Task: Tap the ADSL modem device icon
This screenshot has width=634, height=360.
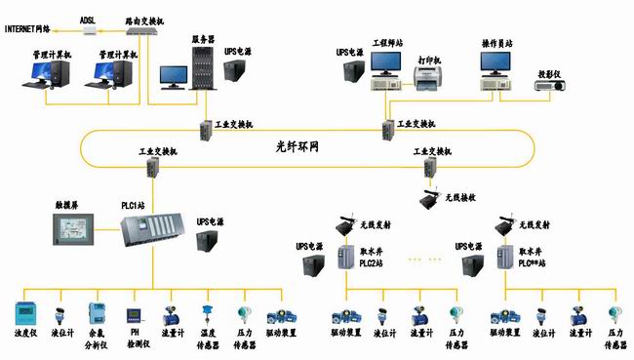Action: (88, 30)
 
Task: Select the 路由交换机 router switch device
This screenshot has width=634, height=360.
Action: (143, 30)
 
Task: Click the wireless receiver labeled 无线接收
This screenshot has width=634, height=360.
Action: (427, 198)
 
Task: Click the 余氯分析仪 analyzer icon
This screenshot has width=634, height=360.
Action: (97, 315)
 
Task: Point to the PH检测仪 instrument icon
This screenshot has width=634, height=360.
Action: (135, 316)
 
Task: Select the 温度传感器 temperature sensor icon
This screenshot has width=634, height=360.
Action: (207, 314)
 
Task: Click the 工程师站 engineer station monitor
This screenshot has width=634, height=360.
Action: (387, 65)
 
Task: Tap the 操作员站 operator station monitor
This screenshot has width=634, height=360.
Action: (496, 65)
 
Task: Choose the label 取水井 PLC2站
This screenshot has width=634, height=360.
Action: (375, 257)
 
